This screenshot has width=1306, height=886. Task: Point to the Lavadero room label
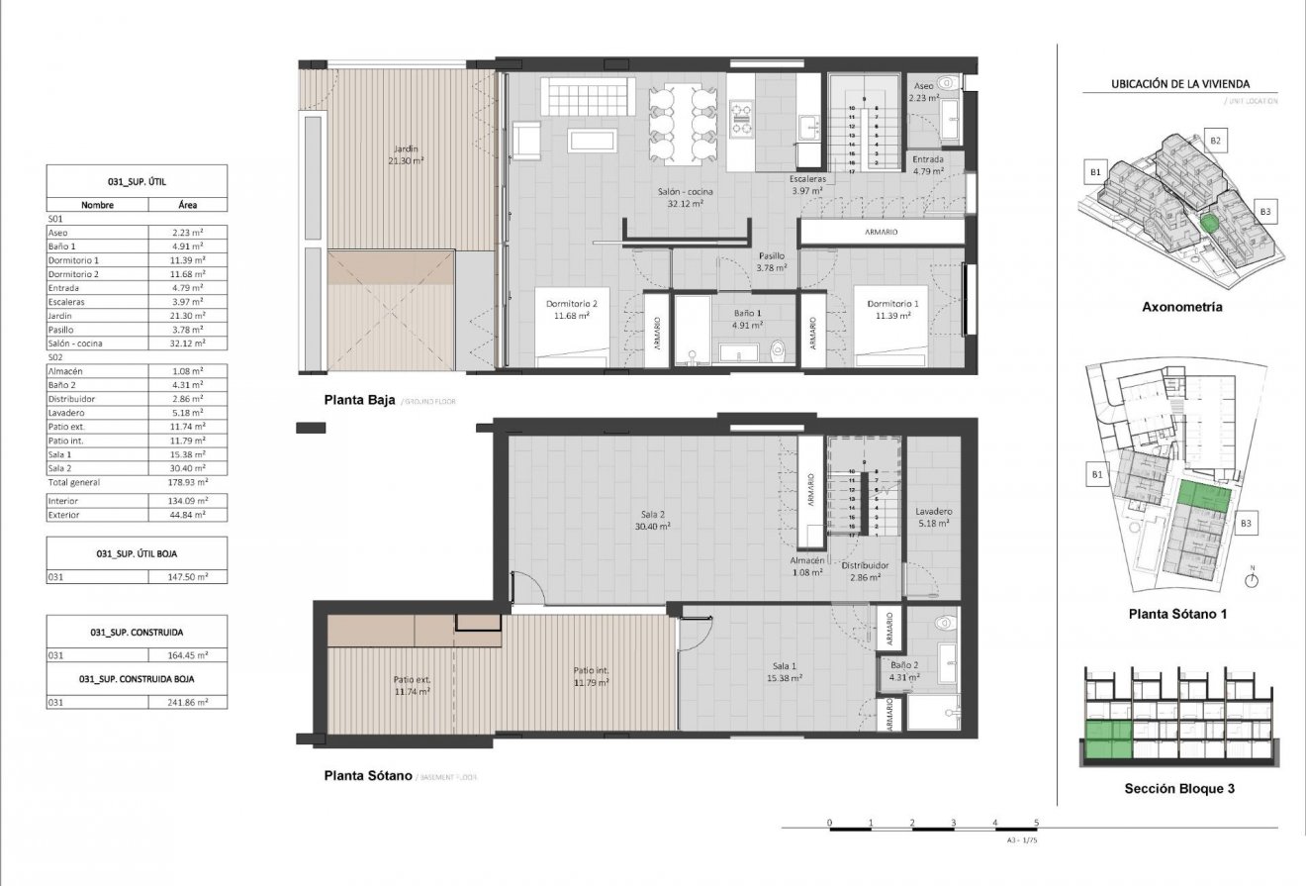(932, 516)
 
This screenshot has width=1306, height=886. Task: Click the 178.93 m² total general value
(187, 482)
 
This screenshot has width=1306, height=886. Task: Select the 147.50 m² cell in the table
(187, 575)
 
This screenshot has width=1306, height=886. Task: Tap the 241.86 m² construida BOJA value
(187, 702)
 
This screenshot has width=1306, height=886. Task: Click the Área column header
(187, 205)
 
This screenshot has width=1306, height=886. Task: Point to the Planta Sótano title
(368, 776)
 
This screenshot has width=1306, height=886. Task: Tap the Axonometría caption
(1181, 307)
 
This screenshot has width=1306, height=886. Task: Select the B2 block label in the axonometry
(1216, 142)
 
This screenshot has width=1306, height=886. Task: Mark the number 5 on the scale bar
(1036, 823)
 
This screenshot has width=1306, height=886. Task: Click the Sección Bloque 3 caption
(1179, 789)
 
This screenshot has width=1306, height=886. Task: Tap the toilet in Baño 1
(780, 348)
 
